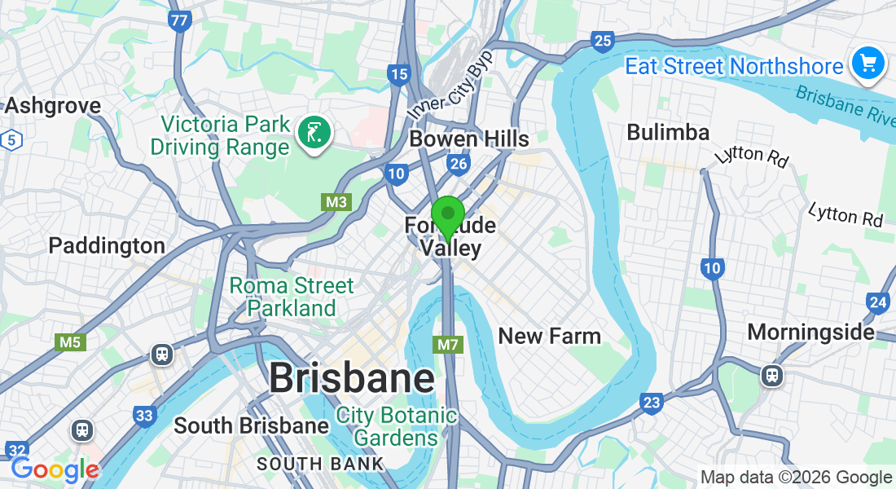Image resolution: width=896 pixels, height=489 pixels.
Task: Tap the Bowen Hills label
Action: (469, 139)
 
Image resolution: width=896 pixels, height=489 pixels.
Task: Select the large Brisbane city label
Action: (351, 378)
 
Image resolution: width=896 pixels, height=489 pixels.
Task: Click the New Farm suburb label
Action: (549, 336)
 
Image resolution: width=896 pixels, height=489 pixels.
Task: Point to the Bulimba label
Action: (668, 132)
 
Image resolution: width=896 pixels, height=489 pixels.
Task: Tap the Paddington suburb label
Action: (107, 245)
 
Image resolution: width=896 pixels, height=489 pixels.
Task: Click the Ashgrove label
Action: (53, 105)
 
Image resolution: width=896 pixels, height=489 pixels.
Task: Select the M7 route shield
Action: (448, 345)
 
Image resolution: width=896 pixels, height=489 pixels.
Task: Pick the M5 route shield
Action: (70, 342)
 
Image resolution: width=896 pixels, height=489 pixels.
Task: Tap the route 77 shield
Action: (180, 20)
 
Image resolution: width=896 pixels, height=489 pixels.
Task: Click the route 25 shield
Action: (603, 42)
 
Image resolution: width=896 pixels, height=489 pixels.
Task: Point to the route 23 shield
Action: (651, 402)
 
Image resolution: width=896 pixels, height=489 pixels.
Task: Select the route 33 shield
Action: (144, 416)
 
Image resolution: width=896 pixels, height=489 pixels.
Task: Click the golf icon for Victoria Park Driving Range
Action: (314, 132)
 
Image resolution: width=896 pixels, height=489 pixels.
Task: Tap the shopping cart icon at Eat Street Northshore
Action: (867, 63)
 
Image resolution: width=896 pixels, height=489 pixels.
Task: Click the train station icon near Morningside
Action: (771, 375)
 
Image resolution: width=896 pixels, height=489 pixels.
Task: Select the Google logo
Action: (55, 469)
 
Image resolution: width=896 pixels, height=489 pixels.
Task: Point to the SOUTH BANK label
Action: (320, 464)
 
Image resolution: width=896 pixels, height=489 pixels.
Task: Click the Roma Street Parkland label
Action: (292, 297)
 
